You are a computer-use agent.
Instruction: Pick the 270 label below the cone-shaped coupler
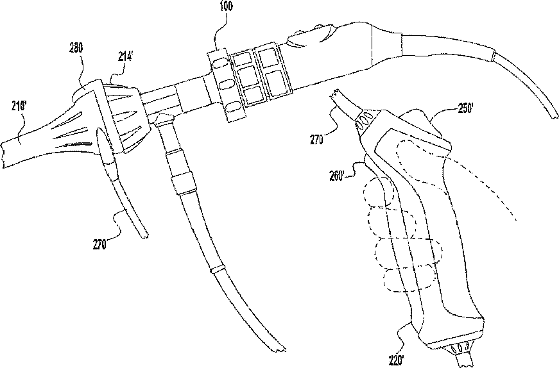coord(99,244)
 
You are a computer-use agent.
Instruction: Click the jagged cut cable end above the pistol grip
coord(337,99)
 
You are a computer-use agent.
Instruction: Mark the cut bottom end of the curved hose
coord(280,349)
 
